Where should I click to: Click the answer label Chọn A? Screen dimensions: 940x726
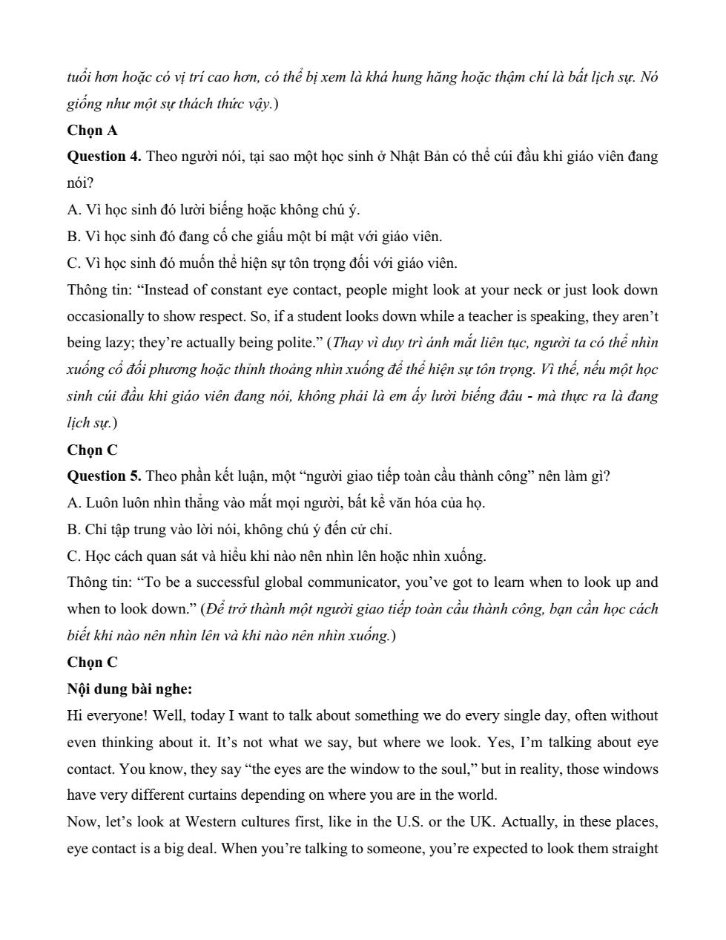click(92, 130)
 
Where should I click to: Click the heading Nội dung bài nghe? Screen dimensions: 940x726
click(130, 688)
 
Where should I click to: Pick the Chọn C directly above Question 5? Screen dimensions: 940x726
click(92, 450)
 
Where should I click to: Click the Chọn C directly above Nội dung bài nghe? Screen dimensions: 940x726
click(92, 662)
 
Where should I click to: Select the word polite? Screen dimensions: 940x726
click(293, 342)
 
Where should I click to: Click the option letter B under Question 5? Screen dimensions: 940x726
click(72, 529)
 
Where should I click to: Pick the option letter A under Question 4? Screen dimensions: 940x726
click(73, 209)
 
